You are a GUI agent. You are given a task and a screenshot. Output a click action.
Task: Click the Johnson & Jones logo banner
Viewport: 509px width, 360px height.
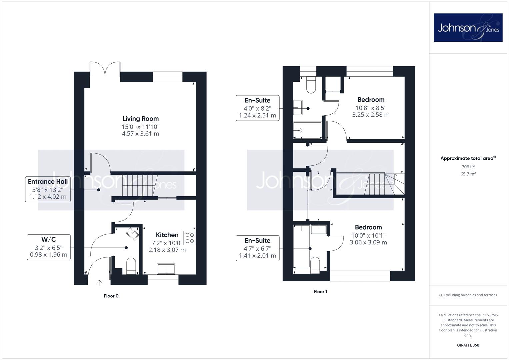pyautogui.click(x=468, y=27)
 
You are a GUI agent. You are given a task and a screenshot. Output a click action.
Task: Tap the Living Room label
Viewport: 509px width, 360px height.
pyautogui.click(x=140, y=119)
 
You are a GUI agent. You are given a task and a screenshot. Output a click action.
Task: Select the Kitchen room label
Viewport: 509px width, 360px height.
pyautogui.click(x=167, y=235)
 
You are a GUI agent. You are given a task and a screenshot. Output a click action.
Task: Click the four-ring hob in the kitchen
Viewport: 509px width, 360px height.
pyautogui.click(x=190, y=238)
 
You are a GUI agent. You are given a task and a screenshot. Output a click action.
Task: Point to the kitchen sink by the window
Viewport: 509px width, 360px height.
pyautogui.click(x=166, y=269)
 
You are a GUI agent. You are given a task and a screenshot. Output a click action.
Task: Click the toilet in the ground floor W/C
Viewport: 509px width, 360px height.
pyautogui.click(x=131, y=266)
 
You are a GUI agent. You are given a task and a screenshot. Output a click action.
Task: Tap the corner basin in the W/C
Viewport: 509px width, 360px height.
pyautogui.click(x=132, y=234)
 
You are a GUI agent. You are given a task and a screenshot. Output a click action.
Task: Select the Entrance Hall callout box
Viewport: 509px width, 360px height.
pyautogui.click(x=48, y=189)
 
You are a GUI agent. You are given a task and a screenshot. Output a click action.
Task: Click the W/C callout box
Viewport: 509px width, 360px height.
pyautogui.click(x=49, y=247)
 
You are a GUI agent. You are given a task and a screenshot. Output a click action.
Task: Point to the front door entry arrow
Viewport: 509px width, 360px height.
pyautogui.click(x=99, y=283)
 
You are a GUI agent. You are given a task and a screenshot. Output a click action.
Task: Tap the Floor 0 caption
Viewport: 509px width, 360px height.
pyautogui.click(x=111, y=296)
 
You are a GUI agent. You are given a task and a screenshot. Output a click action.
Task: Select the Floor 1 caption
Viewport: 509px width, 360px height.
pyautogui.click(x=320, y=292)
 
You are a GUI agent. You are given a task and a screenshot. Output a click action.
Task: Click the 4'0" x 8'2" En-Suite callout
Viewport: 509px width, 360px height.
pyautogui.click(x=257, y=108)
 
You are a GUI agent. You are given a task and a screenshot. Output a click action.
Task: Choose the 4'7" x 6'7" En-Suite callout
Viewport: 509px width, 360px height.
pyautogui.click(x=257, y=248)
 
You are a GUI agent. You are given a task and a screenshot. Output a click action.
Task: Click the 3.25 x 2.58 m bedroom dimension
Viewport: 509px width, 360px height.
pyautogui.click(x=371, y=115)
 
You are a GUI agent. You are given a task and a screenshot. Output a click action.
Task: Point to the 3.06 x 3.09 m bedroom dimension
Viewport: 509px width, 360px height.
pyautogui.click(x=368, y=243)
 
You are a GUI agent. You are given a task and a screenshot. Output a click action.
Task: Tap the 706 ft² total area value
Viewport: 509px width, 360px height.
pyautogui.click(x=468, y=167)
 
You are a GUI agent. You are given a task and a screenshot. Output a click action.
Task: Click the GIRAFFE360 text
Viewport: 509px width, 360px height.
pyautogui.click(x=468, y=345)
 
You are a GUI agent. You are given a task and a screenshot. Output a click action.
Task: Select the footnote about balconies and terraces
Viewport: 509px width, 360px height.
pyautogui.click(x=468, y=295)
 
